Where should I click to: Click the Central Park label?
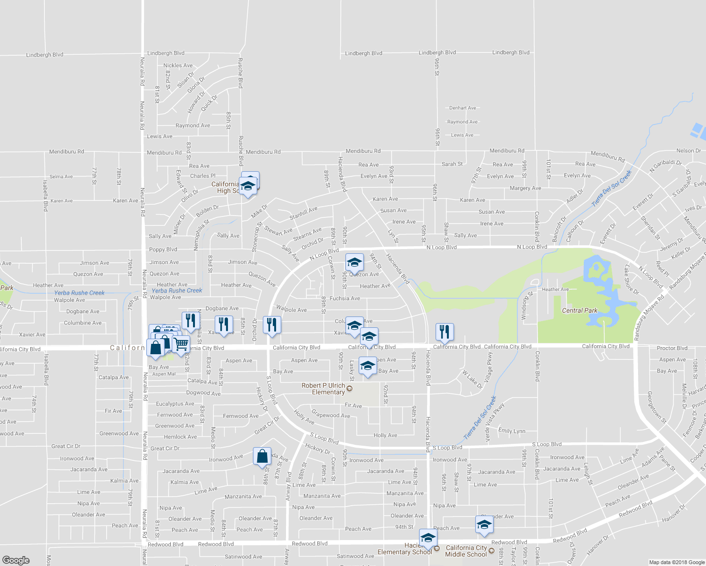580,310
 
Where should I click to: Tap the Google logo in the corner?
16,560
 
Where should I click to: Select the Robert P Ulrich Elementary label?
324,389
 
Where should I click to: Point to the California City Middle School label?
466,551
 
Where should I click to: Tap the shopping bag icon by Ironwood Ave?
262,457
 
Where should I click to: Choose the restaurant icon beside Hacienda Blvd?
444,332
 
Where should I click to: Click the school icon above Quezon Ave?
354,263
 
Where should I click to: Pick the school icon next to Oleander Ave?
484,524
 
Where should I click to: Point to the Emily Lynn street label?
512,431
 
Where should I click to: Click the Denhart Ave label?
462,108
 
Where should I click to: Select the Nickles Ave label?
178,66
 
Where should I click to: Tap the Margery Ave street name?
525,188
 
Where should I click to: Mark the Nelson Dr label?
688,151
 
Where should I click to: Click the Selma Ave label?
61,177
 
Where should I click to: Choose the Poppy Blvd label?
163,250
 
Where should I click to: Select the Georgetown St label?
656,407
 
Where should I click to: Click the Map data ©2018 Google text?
677,562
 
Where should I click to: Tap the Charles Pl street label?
202,176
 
